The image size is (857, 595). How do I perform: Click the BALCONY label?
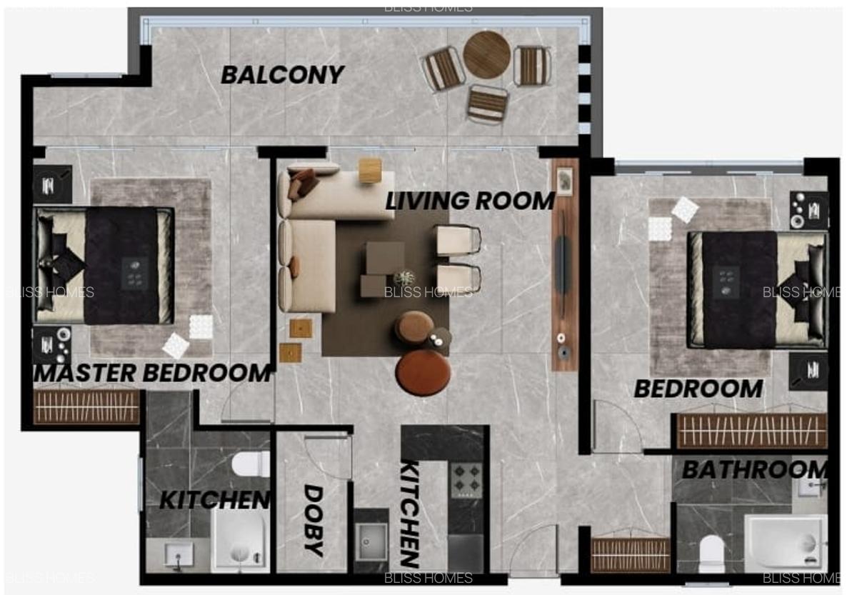click(x=282, y=74)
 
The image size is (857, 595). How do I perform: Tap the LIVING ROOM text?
click(x=470, y=201)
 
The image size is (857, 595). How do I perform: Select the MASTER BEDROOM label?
click(x=153, y=373)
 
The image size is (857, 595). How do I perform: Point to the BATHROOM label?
click(x=754, y=470)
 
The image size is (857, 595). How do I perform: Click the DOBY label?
click(x=314, y=519)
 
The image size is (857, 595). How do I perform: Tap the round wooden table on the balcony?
click(x=486, y=55)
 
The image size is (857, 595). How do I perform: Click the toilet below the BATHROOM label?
click(x=712, y=554)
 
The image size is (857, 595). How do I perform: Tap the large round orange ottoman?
click(x=424, y=372)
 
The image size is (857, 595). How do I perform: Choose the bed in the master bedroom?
click(x=104, y=266)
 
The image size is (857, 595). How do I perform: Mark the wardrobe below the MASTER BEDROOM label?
click(x=86, y=406)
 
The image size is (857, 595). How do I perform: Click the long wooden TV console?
click(x=564, y=264)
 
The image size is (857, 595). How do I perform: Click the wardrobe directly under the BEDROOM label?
click(x=751, y=431)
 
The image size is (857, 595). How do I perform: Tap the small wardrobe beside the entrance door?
click(x=631, y=554)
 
